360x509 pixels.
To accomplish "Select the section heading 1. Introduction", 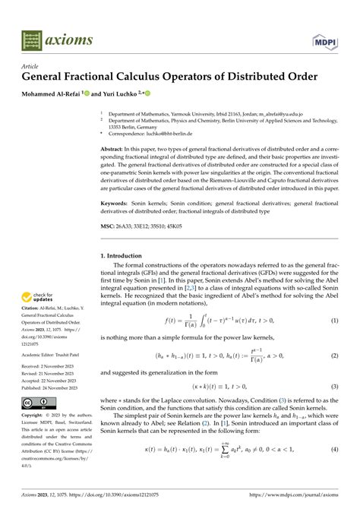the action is coord(126,257).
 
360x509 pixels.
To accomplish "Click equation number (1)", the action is coord(333,322).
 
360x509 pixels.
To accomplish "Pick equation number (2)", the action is coord(333,355).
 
